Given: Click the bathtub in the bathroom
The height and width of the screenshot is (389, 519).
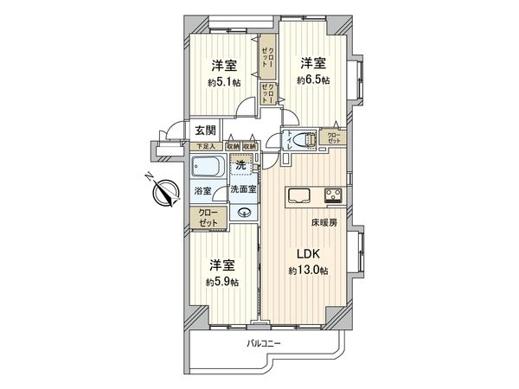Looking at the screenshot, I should (x=206, y=167).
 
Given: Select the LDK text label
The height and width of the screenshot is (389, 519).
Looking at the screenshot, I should (x=310, y=254).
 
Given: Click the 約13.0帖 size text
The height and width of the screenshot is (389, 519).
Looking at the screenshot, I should (x=310, y=271).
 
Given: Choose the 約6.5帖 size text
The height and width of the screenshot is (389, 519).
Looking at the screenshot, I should (x=314, y=80).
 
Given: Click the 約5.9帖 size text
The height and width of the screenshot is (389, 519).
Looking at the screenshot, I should (x=222, y=282).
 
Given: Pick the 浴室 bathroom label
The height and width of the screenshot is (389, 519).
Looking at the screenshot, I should (x=202, y=190).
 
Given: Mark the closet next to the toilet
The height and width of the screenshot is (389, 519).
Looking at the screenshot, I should (x=333, y=137).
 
